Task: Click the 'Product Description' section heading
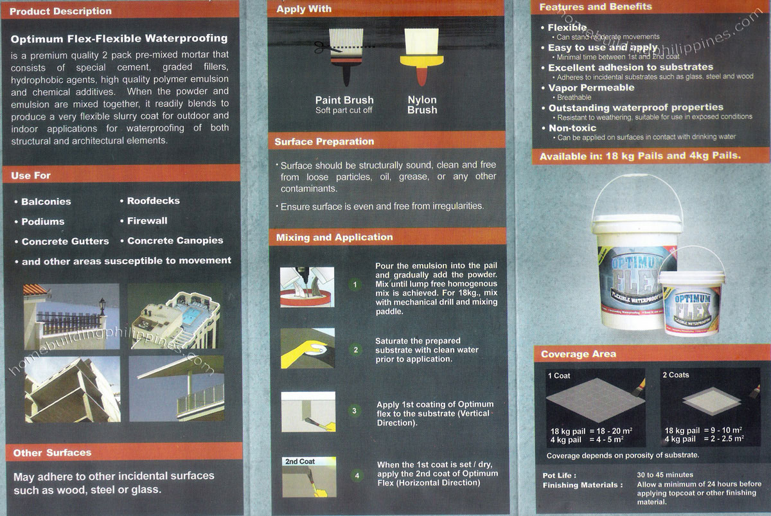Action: (x=61, y=11)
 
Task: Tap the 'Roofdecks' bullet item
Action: (x=153, y=200)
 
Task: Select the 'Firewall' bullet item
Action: (x=146, y=220)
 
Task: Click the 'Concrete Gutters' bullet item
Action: (x=65, y=242)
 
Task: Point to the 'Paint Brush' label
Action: (x=344, y=100)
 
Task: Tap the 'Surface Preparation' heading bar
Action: (x=324, y=141)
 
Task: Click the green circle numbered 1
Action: (x=355, y=283)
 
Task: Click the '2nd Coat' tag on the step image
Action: (x=299, y=461)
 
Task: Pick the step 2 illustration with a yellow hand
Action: (x=308, y=350)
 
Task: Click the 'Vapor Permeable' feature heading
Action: (x=590, y=87)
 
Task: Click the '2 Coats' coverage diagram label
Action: (x=676, y=375)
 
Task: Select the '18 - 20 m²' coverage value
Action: (x=605, y=431)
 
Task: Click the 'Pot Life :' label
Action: (x=558, y=475)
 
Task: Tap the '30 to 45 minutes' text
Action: (x=666, y=475)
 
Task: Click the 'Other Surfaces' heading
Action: (x=52, y=452)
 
